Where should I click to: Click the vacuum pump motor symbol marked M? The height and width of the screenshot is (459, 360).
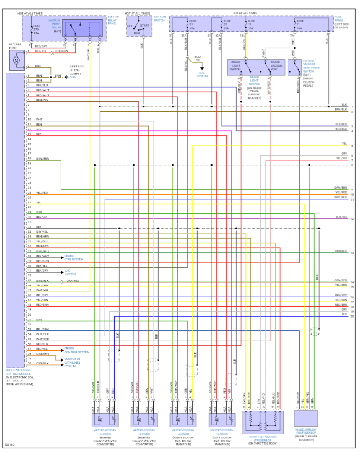point(17,60)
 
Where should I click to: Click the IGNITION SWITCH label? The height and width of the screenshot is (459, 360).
point(159,19)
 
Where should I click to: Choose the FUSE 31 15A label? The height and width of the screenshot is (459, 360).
point(193,25)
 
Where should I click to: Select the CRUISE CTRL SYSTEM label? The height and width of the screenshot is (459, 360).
point(74,257)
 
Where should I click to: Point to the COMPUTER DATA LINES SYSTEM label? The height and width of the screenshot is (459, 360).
point(72,363)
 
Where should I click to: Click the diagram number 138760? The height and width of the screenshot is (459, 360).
point(9,445)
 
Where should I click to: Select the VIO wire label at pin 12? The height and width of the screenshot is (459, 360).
point(39,129)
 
